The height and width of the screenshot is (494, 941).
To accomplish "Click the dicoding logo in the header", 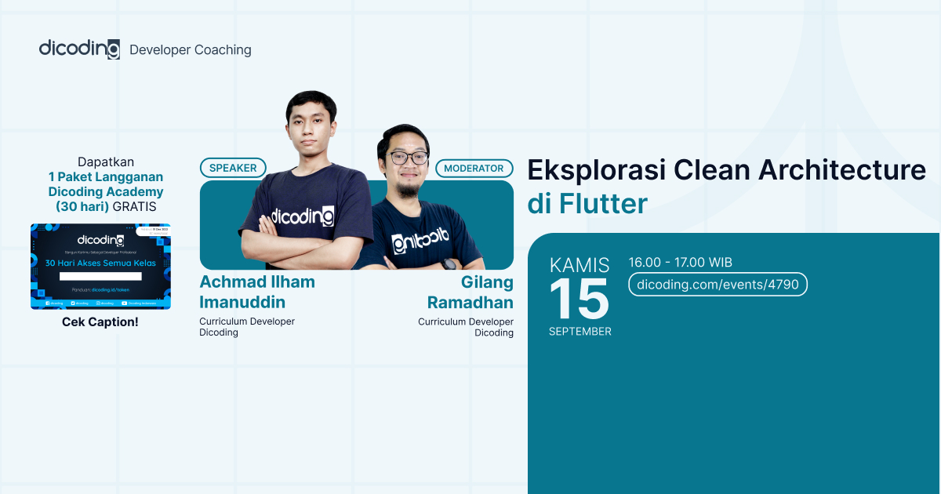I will [79, 49].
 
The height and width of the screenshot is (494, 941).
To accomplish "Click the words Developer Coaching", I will [191, 50].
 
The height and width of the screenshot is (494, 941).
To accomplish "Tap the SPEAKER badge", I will [233, 168].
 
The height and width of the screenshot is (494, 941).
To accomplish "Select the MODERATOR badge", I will [474, 168].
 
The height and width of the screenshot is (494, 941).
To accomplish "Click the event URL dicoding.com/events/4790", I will [718, 284].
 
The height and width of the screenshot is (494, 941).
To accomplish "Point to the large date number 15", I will [579, 299].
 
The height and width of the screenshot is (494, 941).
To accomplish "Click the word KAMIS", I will [579, 264].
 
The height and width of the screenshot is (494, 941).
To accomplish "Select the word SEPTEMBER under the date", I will [579, 332].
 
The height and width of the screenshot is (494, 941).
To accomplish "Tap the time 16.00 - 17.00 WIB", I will [680, 263].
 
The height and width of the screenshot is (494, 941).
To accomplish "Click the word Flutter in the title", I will [603, 204].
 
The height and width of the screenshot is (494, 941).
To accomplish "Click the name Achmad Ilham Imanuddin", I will [257, 292].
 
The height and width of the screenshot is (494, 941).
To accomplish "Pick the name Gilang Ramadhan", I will [470, 292].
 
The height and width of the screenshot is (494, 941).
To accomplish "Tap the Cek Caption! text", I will [100, 322].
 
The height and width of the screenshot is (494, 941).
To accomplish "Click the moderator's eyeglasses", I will [407, 158].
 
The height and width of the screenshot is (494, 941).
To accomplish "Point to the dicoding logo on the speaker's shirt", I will [302, 216].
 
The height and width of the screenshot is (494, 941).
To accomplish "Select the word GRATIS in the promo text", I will [134, 207].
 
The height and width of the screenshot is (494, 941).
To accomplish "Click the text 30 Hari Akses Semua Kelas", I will [100, 263].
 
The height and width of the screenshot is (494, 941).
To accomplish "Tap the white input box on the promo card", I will [100, 276].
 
